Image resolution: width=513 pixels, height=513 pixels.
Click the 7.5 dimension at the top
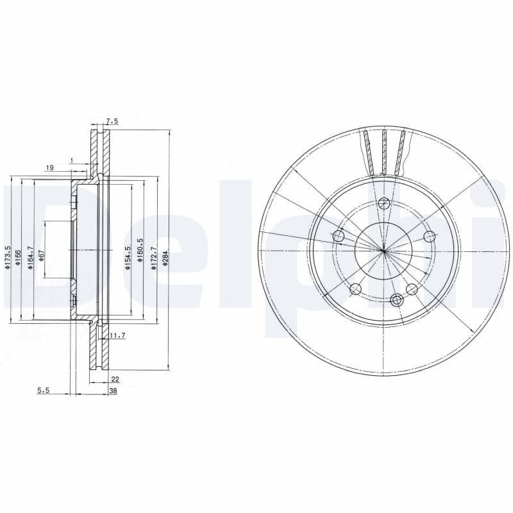point(112,121)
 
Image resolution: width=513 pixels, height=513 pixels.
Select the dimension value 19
point(49,167)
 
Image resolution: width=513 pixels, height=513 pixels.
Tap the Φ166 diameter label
point(19,258)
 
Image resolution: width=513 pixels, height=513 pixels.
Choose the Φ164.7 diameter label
point(29,258)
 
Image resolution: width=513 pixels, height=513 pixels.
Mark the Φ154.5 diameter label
point(128,258)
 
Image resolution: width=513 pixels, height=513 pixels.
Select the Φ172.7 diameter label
point(153,258)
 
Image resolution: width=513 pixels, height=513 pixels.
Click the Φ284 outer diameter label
point(165,258)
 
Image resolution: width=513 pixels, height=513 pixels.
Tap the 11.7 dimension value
point(117,336)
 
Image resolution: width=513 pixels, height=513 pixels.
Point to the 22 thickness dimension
point(115,380)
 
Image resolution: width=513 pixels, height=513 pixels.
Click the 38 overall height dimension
point(113,391)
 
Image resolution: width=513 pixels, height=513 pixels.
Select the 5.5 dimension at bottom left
point(43,391)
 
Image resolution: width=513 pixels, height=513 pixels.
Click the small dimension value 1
point(72,159)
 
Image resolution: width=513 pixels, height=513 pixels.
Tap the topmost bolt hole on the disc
point(383,204)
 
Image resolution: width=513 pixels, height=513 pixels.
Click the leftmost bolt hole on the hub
point(339,237)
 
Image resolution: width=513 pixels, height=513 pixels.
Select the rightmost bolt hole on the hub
point(429,237)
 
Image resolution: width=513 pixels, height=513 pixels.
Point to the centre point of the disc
point(383,251)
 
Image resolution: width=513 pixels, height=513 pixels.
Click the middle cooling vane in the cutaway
point(383,151)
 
